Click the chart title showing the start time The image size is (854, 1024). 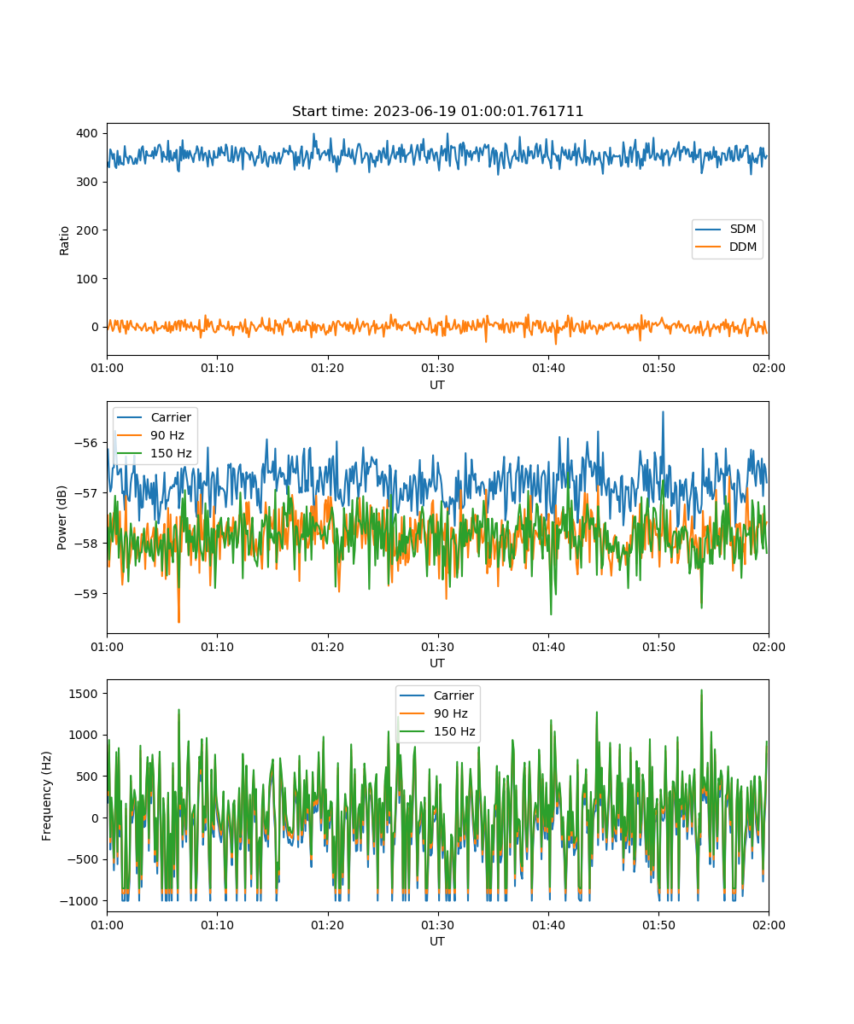(437, 111)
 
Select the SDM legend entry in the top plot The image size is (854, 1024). (725, 229)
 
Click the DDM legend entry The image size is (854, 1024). (725, 247)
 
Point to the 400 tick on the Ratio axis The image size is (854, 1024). (87, 133)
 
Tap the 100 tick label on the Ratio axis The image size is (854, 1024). (87, 279)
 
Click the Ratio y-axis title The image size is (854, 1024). (64, 241)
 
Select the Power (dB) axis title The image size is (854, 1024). (61, 517)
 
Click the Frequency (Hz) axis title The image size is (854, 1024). (46, 795)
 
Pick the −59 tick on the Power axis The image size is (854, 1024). (86, 594)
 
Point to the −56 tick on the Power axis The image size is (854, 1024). (86, 443)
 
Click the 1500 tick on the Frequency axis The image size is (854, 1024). (83, 694)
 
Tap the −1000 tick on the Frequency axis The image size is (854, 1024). (79, 901)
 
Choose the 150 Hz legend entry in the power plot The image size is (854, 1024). (154, 453)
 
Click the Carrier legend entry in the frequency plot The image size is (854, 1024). (436, 695)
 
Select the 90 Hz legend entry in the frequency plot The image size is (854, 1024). (433, 713)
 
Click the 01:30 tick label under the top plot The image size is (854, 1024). (437, 368)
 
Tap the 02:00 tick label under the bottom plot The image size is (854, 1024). (769, 925)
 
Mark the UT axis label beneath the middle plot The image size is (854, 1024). (436, 663)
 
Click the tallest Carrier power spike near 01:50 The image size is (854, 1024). (663, 412)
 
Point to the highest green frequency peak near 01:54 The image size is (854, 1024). (701, 690)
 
